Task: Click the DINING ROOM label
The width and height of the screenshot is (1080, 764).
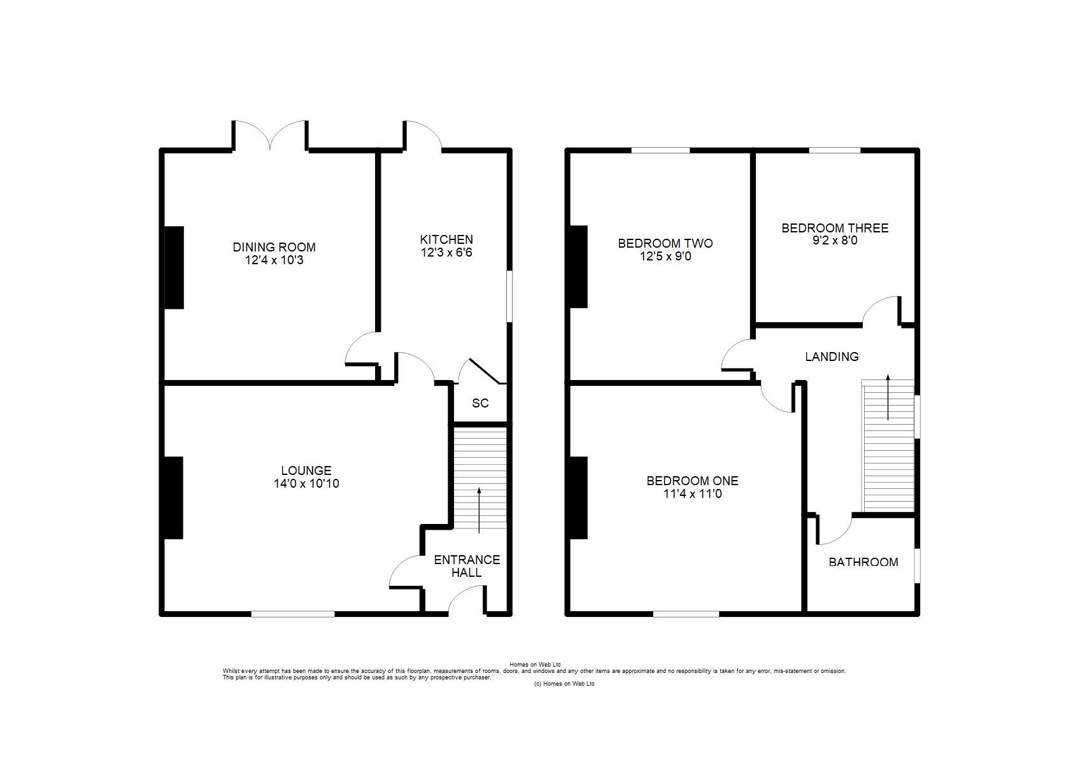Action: [274, 247]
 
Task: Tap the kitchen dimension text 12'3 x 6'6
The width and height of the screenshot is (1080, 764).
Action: [446, 252]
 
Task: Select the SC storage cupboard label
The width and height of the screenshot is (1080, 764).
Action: [480, 403]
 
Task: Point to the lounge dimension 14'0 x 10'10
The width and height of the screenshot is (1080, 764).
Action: [306, 483]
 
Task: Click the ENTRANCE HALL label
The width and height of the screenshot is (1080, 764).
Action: [467, 566]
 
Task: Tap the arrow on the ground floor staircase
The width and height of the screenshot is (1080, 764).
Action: [479, 509]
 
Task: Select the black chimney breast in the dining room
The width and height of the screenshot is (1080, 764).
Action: [174, 267]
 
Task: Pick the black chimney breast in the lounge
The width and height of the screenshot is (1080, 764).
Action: [174, 498]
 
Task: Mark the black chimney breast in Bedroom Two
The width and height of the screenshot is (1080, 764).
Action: [579, 267]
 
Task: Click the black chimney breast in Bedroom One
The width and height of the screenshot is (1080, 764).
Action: [579, 498]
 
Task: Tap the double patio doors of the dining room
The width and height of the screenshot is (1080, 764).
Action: [271, 135]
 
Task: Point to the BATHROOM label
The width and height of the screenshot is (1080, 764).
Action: [863, 562]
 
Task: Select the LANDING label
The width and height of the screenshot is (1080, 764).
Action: [832, 357]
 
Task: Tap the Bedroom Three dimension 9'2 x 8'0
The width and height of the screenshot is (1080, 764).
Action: [834, 241]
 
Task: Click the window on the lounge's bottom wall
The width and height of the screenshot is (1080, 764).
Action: [293, 614]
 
